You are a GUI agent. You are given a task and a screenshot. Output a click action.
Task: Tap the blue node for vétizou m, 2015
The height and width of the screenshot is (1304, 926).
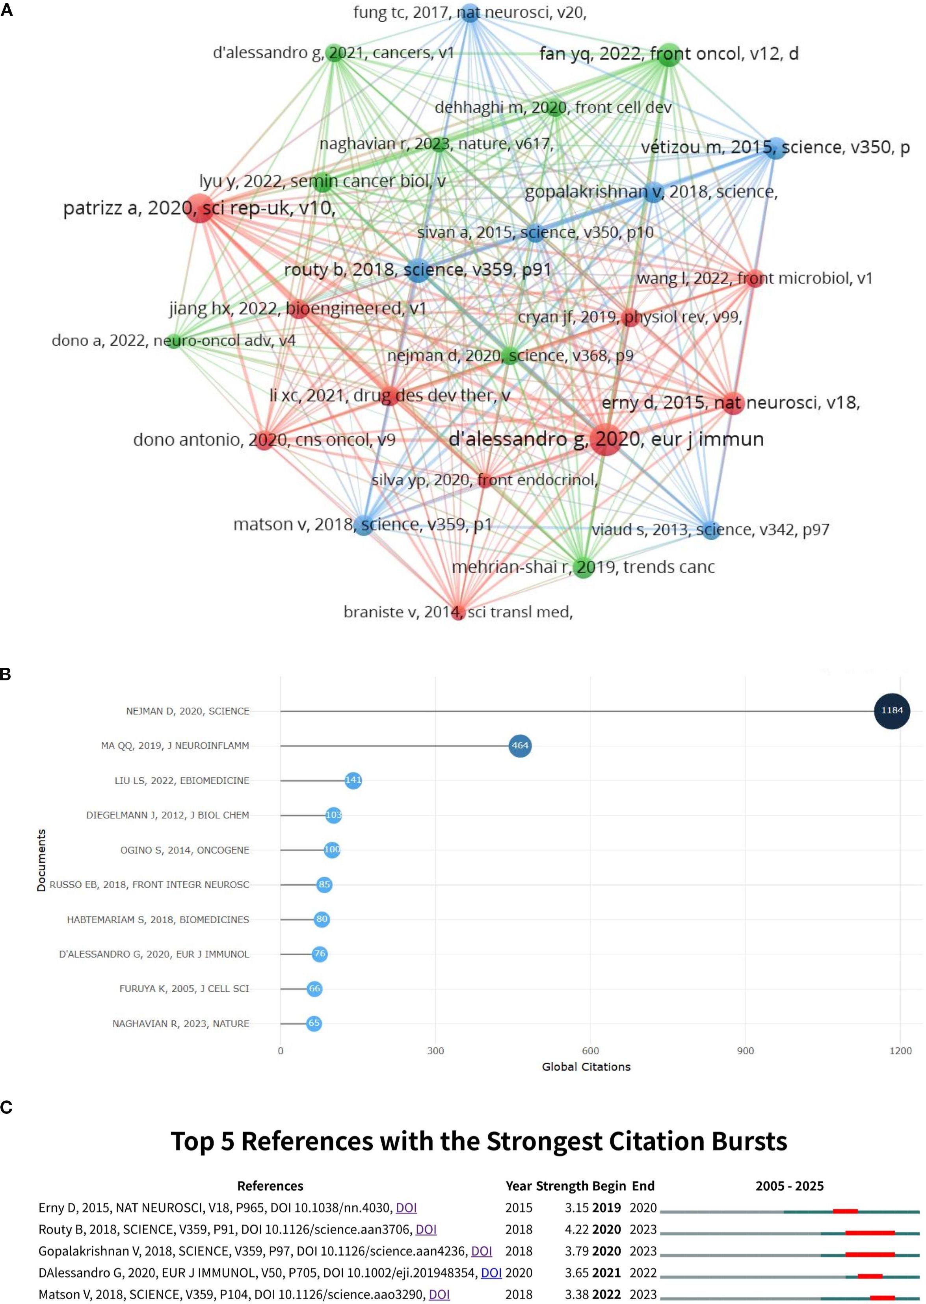pos(775,148)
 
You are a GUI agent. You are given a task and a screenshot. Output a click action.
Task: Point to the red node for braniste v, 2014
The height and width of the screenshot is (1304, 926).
pos(458,612)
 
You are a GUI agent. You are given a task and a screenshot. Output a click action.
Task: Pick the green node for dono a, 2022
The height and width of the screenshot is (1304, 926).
pos(174,341)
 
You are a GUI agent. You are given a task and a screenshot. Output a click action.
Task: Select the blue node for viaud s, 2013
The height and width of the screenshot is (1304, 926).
pos(710,530)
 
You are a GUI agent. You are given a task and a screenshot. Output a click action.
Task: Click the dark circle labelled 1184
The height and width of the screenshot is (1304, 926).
pos(892,710)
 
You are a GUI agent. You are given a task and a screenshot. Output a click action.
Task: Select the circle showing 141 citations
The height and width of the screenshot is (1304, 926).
pos(353,780)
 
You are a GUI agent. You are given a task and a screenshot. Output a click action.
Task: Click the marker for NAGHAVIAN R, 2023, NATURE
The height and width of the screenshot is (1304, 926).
pos(314,1023)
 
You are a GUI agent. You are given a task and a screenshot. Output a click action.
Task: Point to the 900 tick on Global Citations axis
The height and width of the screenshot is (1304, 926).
pos(745,1050)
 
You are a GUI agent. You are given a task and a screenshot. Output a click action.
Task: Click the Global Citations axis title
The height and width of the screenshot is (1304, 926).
pos(586,1067)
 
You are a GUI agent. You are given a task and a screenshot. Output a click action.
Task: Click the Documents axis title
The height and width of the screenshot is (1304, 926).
pos(41,860)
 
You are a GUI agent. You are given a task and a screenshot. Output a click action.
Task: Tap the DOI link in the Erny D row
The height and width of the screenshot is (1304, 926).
pos(406,1207)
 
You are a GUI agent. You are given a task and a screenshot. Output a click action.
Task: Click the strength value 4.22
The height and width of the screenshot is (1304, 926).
pos(576,1229)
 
